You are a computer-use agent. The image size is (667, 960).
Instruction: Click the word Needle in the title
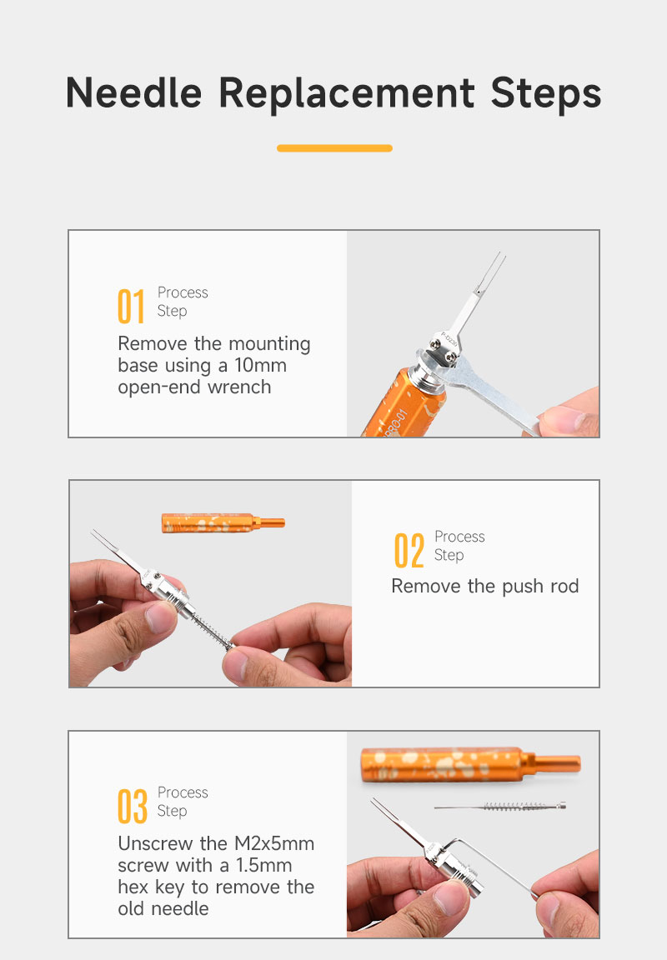(x=133, y=93)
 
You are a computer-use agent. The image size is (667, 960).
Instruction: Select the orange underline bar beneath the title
(x=334, y=148)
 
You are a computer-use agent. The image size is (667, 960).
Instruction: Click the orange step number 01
(x=131, y=306)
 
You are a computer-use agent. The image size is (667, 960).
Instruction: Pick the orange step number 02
(x=409, y=550)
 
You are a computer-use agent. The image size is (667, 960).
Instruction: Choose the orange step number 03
(x=133, y=807)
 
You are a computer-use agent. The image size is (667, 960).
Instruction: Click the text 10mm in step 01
(x=260, y=366)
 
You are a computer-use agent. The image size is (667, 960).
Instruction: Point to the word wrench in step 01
(x=239, y=387)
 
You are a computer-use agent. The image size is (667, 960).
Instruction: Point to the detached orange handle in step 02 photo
(x=223, y=523)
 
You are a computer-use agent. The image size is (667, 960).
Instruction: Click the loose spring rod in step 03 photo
(x=499, y=807)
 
